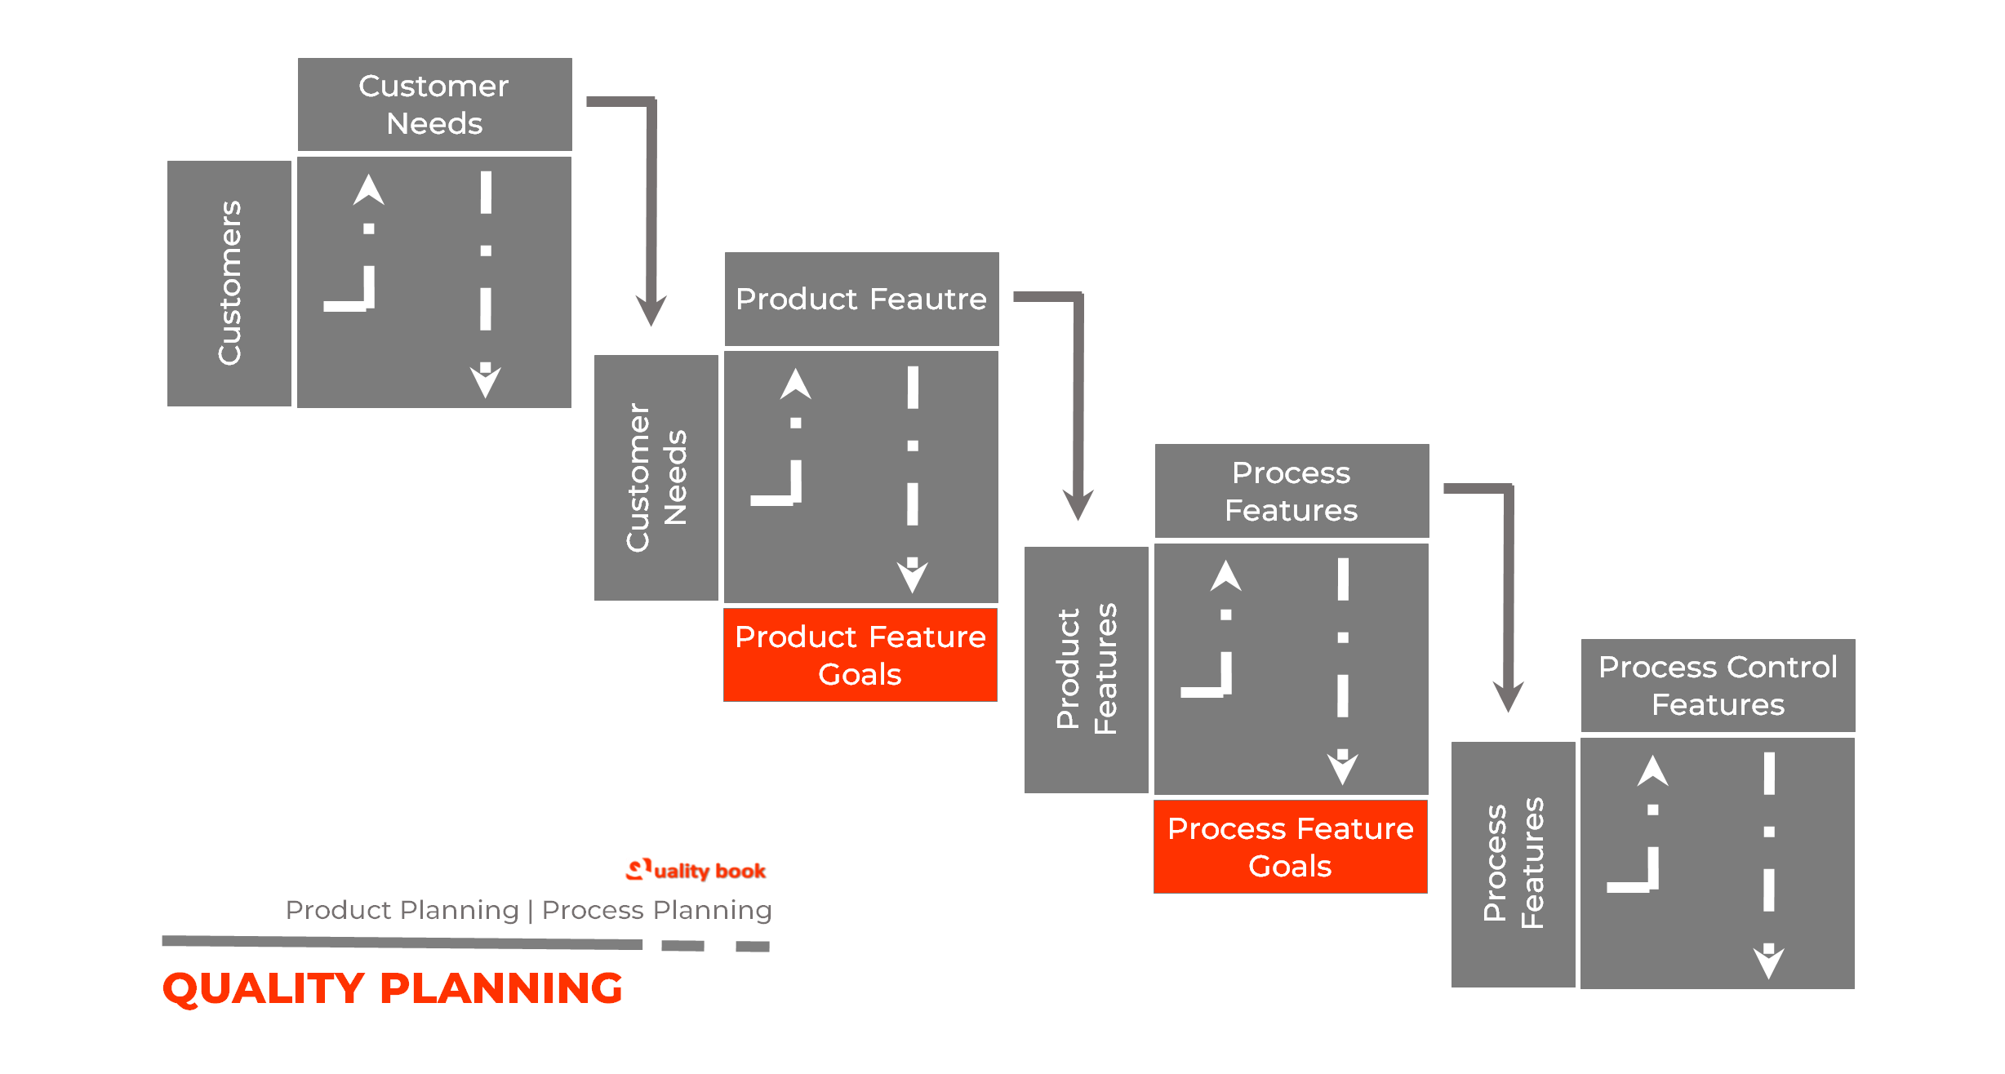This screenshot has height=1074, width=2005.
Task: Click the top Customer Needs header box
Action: (x=434, y=104)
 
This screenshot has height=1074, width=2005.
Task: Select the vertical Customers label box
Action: (x=229, y=283)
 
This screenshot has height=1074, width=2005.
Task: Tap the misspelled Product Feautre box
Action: (x=861, y=299)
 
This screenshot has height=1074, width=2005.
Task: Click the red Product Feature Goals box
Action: (x=860, y=655)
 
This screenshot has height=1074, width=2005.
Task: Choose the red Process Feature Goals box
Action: (x=1290, y=847)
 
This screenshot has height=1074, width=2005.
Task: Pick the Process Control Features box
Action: (x=1718, y=686)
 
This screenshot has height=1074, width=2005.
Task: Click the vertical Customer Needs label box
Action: (x=656, y=477)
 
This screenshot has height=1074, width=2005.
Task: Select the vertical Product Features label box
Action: (x=1087, y=669)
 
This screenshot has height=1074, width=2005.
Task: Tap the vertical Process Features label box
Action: (x=1514, y=864)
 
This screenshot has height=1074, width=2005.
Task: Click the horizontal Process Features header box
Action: (x=1291, y=491)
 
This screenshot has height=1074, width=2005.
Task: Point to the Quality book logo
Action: (x=696, y=871)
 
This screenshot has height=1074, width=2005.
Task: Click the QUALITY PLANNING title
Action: (x=393, y=988)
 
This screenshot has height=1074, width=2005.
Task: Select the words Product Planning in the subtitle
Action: (x=402, y=910)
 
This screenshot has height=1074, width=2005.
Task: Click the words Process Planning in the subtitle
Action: (x=656, y=910)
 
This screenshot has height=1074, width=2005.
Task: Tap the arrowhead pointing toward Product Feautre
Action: (x=651, y=311)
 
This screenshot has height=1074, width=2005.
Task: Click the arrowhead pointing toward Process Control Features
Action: (x=1508, y=697)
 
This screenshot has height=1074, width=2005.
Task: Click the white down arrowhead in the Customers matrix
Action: (x=485, y=381)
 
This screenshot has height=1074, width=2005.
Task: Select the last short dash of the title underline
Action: (x=753, y=947)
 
